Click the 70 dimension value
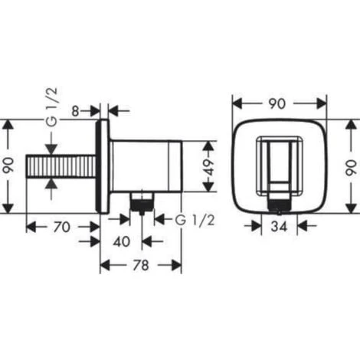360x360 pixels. pyautogui.click(x=61, y=227)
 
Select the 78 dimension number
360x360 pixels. pyautogui.click(x=141, y=265)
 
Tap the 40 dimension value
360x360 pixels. pyautogui.click(x=122, y=241)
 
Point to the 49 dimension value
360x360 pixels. pyautogui.click(x=210, y=167)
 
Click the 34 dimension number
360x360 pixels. pyautogui.click(x=279, y=226)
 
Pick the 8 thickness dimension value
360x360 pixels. pyautogui.click(x=75, y=111)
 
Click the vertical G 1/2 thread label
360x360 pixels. pyautogui.click(x=52, y=106)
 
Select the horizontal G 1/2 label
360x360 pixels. pyautogui.click(x=195, y=220)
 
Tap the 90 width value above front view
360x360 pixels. pyautogui.click(x=277, y=104)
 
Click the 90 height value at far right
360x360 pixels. pyautogui.click(x=352, y=167)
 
